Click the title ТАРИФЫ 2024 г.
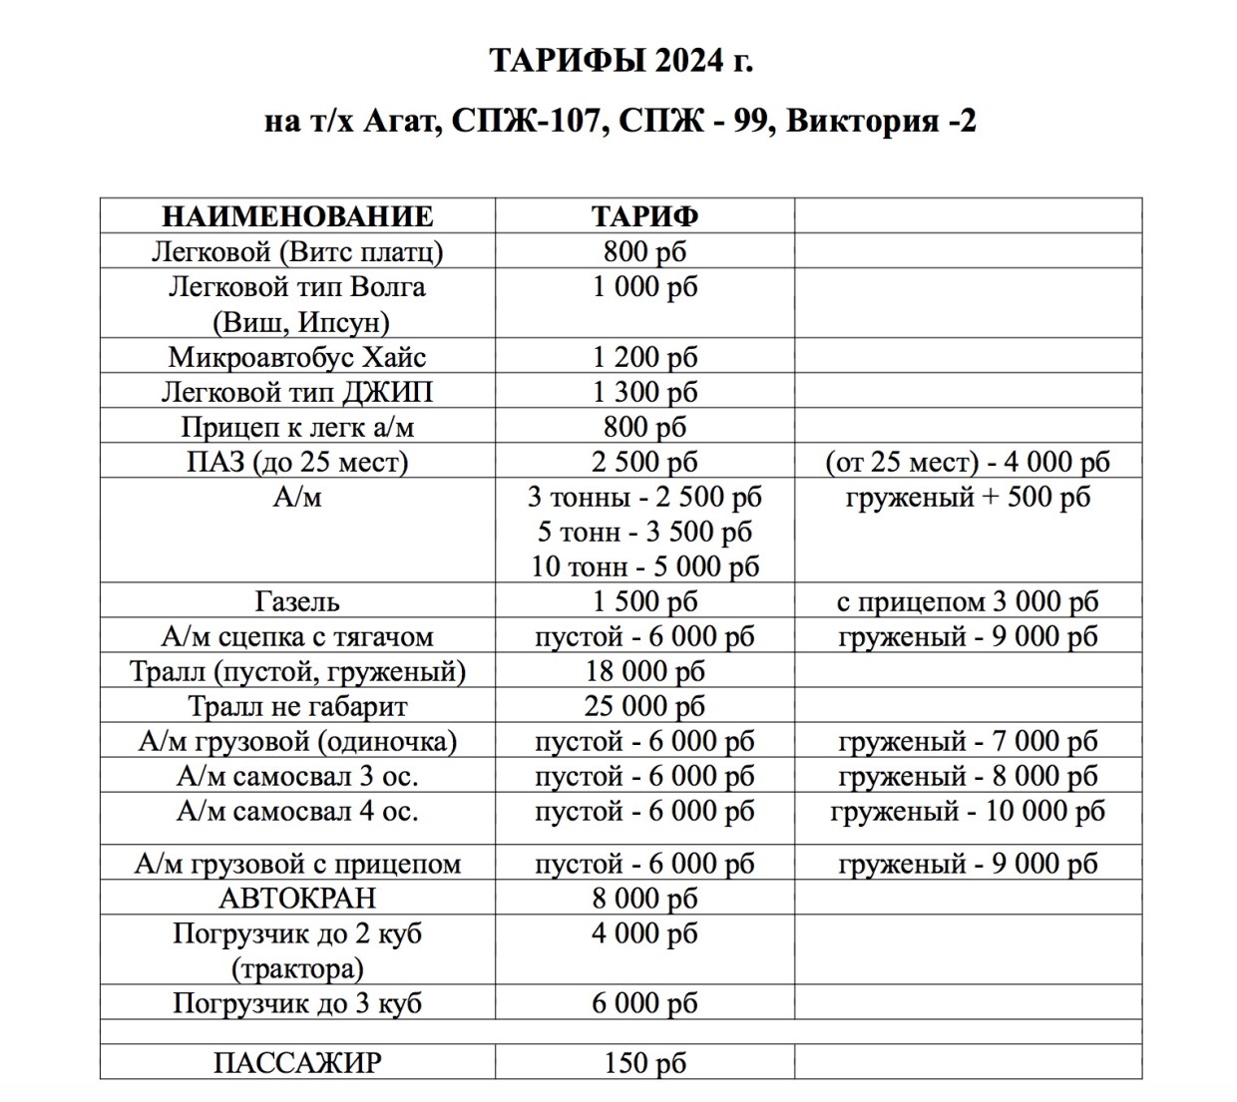pos(620,61)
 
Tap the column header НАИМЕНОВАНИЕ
pos(297,216)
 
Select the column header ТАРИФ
pos(644,216)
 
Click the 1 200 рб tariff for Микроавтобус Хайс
pos(644,357)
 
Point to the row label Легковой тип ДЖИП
pos(297,392)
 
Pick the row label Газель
pos(297,601)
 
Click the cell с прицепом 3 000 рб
pos(968,601)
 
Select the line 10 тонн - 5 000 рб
pos(644,566)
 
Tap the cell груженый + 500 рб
pos(968,497)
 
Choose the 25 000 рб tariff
pos(644,706)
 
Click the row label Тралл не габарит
pos(297,706)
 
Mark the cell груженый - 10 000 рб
pos(968,811)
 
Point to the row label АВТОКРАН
pos(297,898)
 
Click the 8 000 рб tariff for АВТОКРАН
pos(644,898)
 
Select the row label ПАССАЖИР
pos(297,1062)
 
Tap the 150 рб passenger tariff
pos(644,1062)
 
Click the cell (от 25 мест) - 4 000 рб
pos(968,462)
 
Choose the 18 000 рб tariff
pos(644,671)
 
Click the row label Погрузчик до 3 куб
pos(297,1002)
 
